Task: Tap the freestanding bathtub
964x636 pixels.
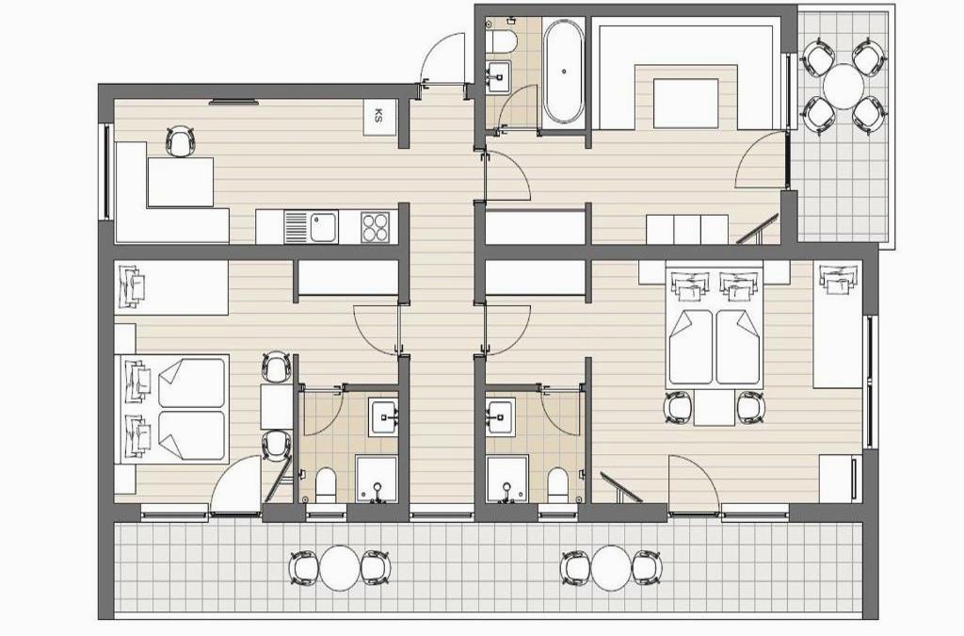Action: click(564, 72)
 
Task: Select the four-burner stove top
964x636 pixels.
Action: click(375, 227)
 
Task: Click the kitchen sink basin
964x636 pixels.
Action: click(324, 227)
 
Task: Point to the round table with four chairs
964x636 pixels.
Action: click(843, 87)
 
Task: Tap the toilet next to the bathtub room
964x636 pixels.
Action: click(501, 40)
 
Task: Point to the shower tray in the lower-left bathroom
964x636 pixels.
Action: click(377, 479)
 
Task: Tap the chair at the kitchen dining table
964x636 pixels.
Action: click(180, 141)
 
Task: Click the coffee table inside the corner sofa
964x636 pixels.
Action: click(685, 103)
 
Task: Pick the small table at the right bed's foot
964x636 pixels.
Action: click(715, 407)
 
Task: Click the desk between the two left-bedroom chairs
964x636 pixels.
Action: click(276, 406)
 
